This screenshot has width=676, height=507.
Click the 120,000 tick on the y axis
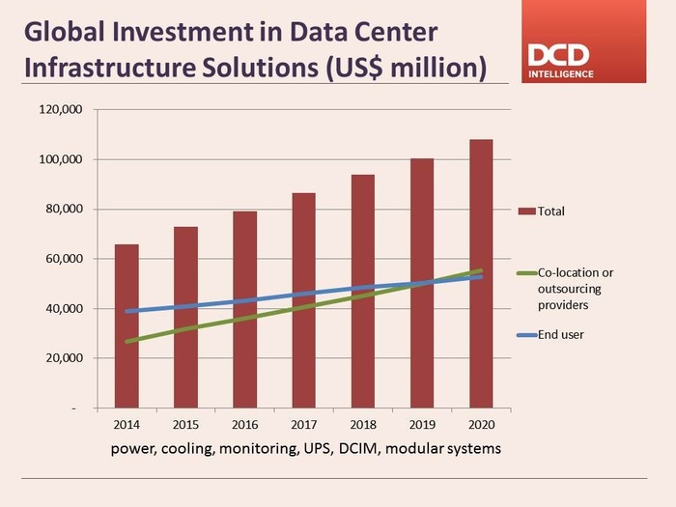[x=64, y=109]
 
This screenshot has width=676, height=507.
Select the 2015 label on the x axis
[x=185, y=425]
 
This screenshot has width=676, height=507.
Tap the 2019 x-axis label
[x=422, y=425]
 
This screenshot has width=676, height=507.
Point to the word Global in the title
[x=65, y=32]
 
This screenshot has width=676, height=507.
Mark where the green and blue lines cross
[x=430, y=283]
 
